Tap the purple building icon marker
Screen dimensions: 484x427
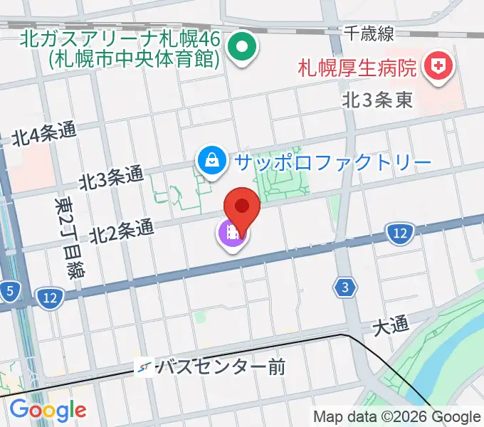[x=232, y=233]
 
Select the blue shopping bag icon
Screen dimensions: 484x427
[x=212, y=160]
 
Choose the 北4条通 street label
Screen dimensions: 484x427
[x=43, y=133]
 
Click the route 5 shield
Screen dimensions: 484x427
[x=9, y=290]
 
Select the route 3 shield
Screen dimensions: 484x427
[x=344, y=287]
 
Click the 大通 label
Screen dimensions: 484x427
[x=391, y=327]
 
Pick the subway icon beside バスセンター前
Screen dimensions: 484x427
[x=144, y=367]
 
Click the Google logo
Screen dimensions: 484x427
[x=48, y=409]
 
